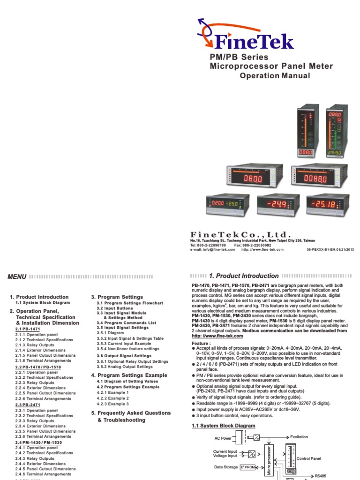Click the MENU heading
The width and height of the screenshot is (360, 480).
[x=17, y=277]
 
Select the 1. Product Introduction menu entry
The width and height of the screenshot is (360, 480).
[x=39, y=297]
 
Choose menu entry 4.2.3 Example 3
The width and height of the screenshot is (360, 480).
[x=112, y=404]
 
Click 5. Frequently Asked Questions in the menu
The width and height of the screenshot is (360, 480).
[x=131, y=413]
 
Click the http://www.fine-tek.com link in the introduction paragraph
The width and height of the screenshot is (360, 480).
[x=217, y=336]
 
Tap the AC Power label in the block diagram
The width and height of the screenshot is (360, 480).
[x=224, y=438]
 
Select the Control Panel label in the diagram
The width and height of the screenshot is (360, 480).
[x=309, y=458]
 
